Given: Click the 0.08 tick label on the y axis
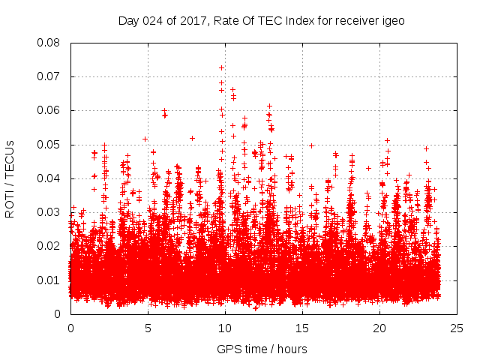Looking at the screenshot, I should pos(50,43).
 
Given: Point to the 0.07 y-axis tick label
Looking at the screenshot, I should pos(50,76).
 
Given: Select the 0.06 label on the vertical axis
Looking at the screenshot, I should pos(50,110).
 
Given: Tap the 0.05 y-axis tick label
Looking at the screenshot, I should pos(50,144).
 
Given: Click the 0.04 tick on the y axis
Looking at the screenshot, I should pos(50,178).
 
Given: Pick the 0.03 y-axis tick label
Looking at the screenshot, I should pos(50,212).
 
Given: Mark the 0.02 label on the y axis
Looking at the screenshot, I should pos(50,246).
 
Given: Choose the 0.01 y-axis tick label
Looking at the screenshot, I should pos(50,280).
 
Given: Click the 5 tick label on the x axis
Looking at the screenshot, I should pos(148,328).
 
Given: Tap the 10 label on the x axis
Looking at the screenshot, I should pos(225,328).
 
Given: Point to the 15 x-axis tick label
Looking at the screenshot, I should pos(302,328).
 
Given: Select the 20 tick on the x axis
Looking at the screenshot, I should pos(379,328).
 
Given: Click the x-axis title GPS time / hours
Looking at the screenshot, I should pos(262,349).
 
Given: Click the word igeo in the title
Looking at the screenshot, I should pos(393,20).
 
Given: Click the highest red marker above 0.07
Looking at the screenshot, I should pos(221,67).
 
